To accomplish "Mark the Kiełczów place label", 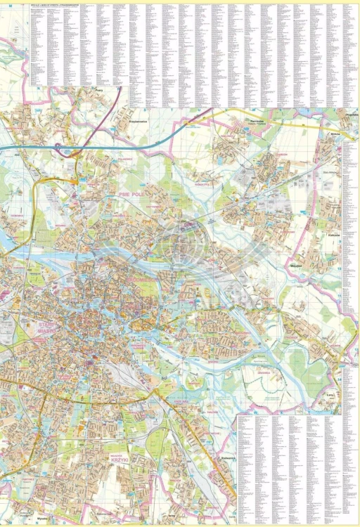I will [334, 235].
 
